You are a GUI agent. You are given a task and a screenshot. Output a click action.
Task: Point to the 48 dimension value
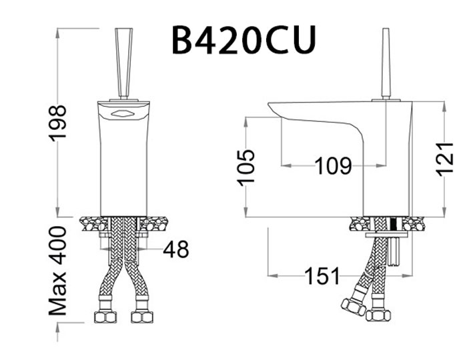pos(175,249)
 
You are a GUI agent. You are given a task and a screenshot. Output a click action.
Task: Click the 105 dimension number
pos(246,167)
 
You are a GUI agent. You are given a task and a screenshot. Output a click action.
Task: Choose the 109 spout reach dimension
pos(333,165)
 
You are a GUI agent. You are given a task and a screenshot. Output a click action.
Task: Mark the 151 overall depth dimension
pos(322,275)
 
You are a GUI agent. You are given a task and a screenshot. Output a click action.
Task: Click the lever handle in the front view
pos(123,63)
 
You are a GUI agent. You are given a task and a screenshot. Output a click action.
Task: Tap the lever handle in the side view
pos(385,63)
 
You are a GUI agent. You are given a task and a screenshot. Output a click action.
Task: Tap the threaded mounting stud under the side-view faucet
pos(396,250)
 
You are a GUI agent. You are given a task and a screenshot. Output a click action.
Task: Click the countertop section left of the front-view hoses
pos(91,223)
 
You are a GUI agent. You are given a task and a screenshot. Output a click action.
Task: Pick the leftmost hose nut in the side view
pos(353,307)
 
